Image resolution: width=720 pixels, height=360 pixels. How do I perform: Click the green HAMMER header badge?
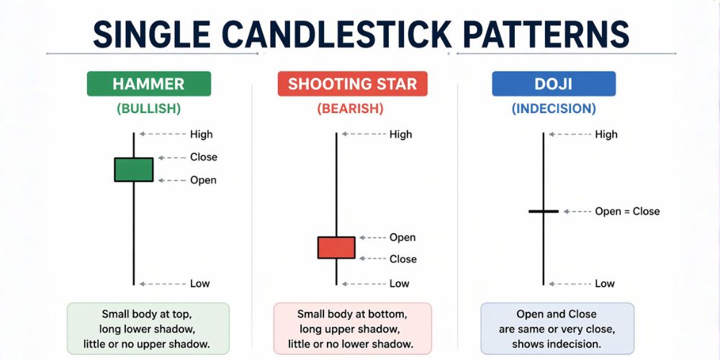pos(148,84)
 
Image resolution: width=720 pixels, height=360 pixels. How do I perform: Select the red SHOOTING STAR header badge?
pos(352,84)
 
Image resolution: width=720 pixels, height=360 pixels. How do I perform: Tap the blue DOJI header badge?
pos(554,84)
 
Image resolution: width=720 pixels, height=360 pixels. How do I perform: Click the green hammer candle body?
pos(134,169)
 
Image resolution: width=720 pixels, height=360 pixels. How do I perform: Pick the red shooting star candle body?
pos(336,247)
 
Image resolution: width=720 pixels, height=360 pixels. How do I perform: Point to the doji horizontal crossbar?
pos(544,211)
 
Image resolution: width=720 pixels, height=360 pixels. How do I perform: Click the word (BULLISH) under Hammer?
pos(148,109)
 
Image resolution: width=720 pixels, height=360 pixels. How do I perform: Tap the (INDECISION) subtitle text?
pos(554,109)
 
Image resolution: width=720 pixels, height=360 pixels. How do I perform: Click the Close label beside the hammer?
pos(203,157)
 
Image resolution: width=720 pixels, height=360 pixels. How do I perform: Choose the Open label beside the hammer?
pos(203,180)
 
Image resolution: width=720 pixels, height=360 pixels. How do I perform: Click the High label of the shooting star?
pos(400,134)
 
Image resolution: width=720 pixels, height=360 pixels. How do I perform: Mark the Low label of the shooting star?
pos(399,284)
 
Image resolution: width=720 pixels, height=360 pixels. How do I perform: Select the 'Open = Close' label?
pos(627,211)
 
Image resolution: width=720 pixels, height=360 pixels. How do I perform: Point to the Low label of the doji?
pos(605,284)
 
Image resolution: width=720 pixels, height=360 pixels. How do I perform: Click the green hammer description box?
pos(148,329)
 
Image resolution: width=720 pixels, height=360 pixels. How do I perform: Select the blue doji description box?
pos(557,329)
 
